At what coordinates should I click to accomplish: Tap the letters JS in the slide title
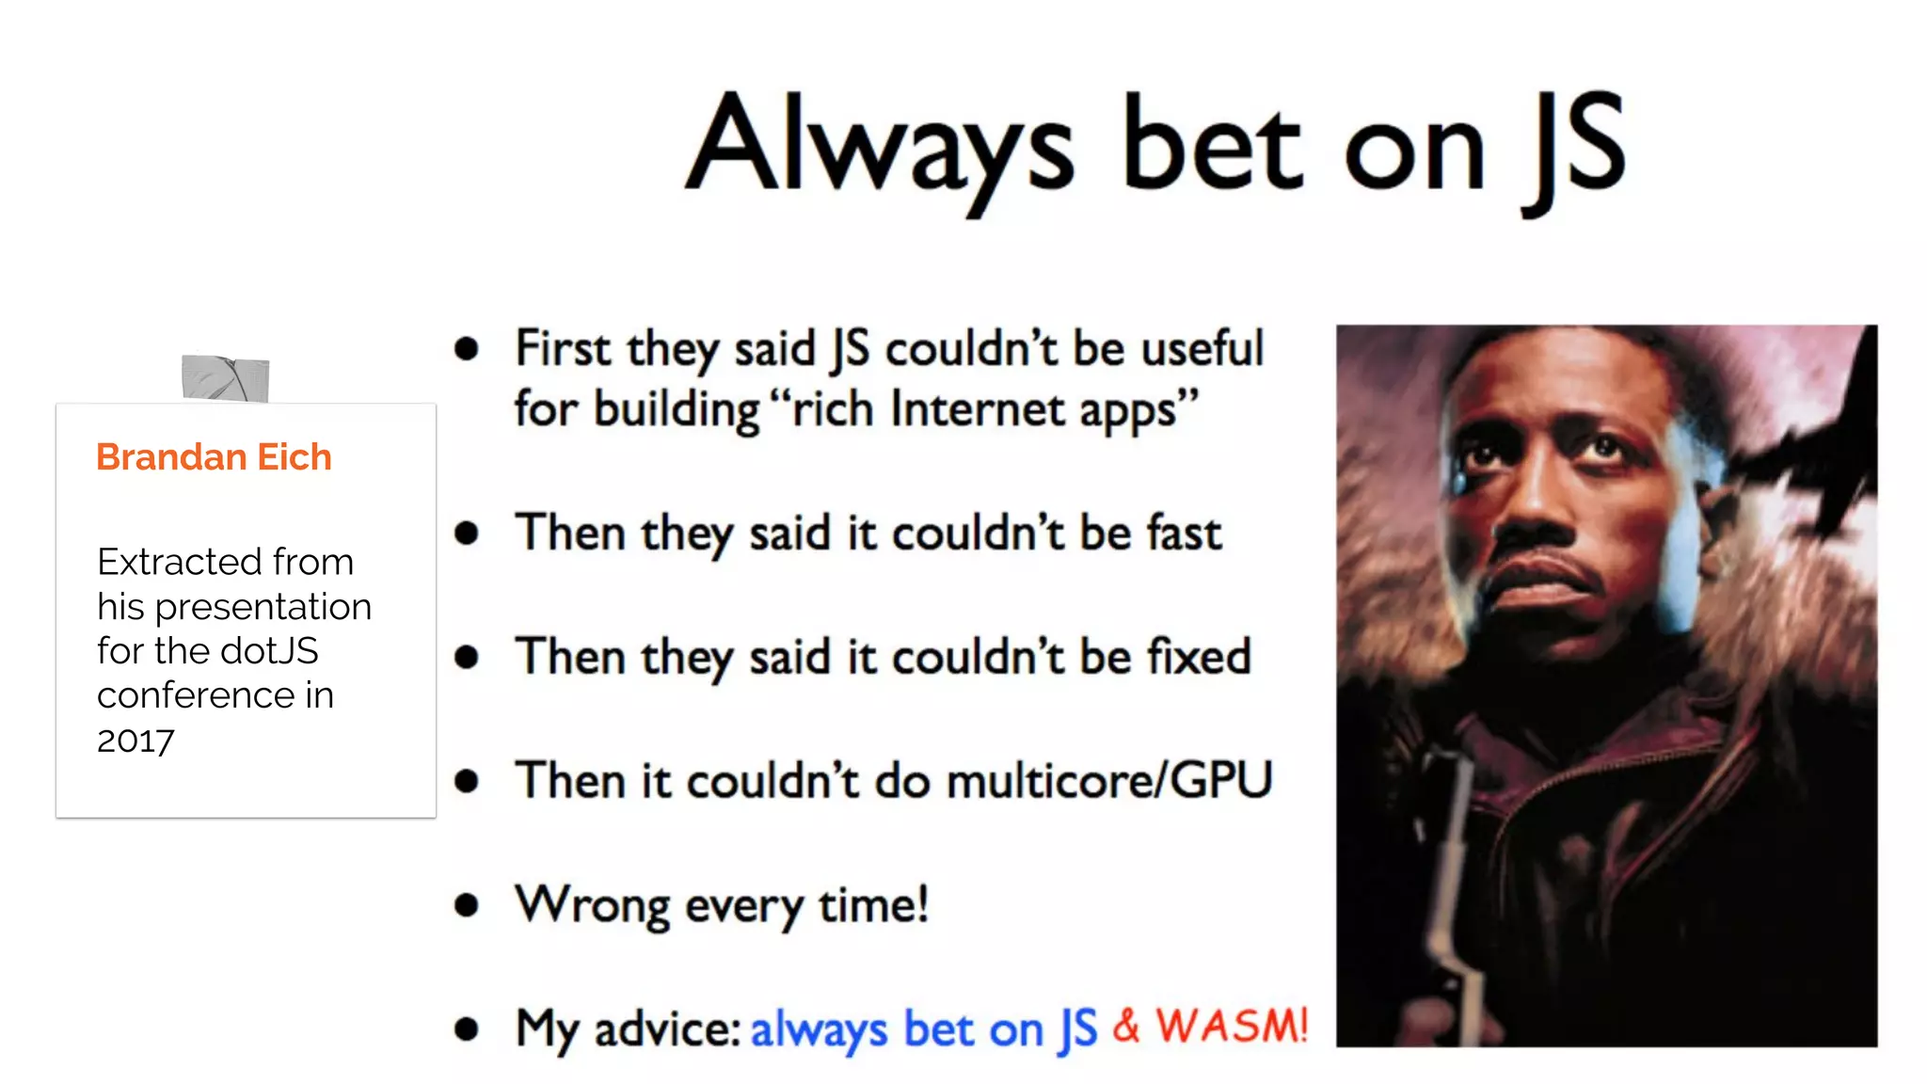pyautogui.click(x=1574, y=151)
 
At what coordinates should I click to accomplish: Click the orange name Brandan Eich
pyautogui.click(x=214, y=457)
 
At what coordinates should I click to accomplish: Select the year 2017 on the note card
pyautogui.click(x=135, y=741)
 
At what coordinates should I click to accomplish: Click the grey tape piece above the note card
pyautogui.click(x=226, y=378)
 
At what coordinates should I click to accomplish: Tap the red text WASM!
pyautogui.click(x=1231, y=1026)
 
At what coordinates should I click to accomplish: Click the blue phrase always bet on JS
pyautogui.click(x=923, y=1028)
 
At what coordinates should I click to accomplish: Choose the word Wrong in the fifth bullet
pyautogui.click(x=593, y=905)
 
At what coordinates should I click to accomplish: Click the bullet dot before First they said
pyautogui.click(x=466, y=349)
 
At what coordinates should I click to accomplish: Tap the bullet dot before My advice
pyautogui.click(x=466, y=1028)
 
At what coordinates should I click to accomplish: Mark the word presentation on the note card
pyautogui.click(x=263, y=607)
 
